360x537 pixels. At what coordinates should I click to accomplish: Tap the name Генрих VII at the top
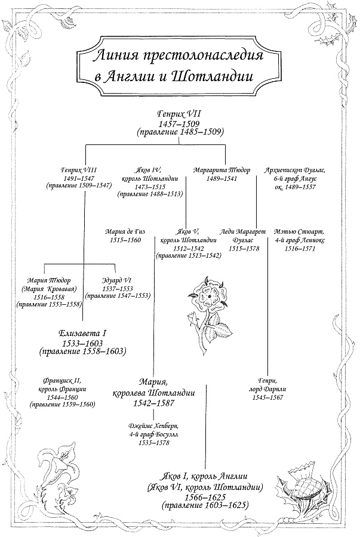pos(180,113)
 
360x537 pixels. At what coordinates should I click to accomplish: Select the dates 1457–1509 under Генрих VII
pos(180,122)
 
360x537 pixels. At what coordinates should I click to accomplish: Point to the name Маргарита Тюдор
pos(222,170)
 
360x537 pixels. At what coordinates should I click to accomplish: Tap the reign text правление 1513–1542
pos(188,255)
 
